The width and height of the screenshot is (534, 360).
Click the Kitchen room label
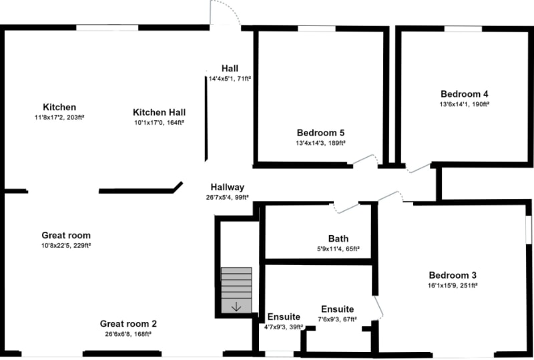click(59, 108)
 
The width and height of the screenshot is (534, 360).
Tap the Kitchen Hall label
click(159, 112)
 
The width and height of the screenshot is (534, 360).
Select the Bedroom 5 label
click(320, 132)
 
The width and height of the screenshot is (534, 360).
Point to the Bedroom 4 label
click(464, 94)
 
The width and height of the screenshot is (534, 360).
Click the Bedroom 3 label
click(453, 275)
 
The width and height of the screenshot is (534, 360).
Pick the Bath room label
click(338, 238)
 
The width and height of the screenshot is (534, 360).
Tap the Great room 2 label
click(128, 324)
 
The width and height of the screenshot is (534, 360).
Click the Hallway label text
click(228, 187)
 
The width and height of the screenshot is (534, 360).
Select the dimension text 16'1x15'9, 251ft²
click(453, 285)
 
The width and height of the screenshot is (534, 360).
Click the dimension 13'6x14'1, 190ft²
click(465, 104)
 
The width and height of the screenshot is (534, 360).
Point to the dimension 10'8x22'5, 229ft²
click(66, 246)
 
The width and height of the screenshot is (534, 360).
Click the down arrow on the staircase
click(236, 307)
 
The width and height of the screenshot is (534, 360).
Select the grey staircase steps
click(236, 283)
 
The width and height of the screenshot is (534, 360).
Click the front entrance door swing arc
click(224, 13)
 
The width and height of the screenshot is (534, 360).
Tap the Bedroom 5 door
click(366, 160)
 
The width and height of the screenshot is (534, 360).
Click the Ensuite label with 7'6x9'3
click(337, 309)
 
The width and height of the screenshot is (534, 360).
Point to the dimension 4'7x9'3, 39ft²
click(284, 327)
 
